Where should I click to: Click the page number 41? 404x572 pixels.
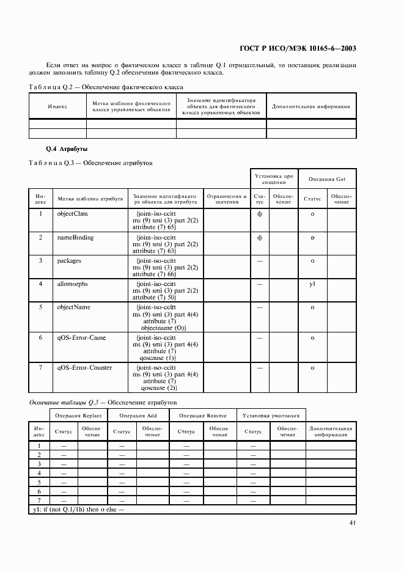click(353, 522)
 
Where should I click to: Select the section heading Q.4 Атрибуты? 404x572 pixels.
click(67, 149)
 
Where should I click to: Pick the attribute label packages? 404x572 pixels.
click(69, 260)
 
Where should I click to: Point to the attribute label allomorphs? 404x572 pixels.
click(72, 284)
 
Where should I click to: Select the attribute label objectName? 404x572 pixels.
click(73, 307)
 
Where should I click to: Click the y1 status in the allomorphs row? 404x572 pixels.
click(312, 284)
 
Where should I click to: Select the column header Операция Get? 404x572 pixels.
click(327, 178)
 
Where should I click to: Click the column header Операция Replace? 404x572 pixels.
click(78, 416)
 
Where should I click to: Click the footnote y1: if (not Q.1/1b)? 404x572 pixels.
click(77, 508)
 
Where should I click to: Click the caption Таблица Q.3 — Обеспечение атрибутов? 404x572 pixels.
click(90, 163)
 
